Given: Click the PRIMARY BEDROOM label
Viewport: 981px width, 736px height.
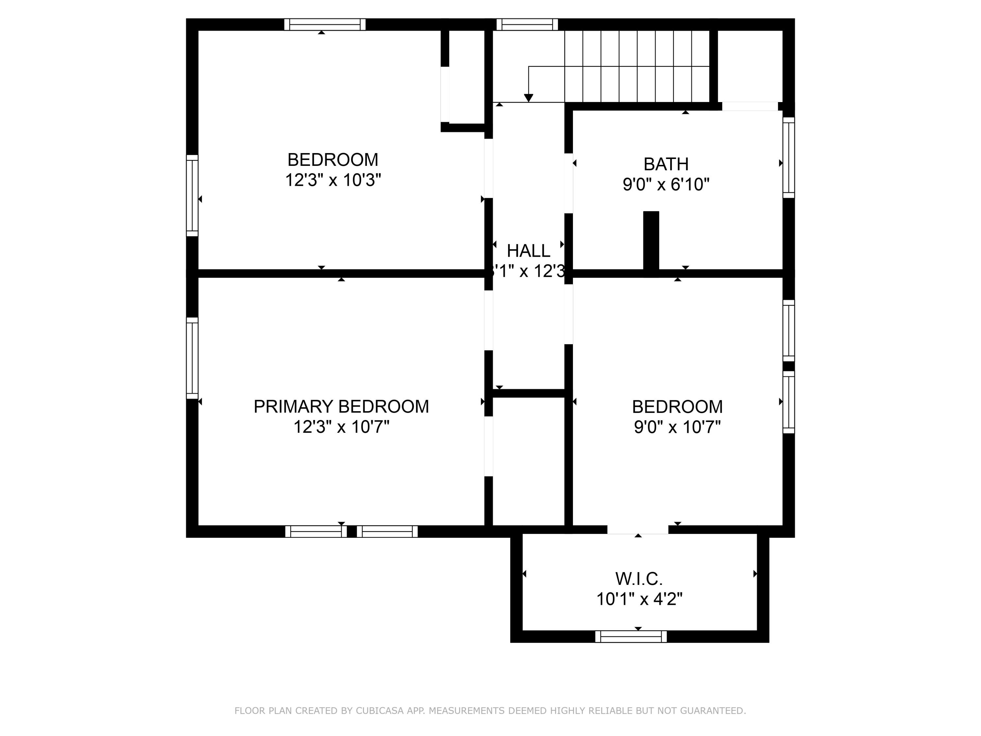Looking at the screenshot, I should (341, 406).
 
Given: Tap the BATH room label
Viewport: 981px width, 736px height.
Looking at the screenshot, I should (666, 164).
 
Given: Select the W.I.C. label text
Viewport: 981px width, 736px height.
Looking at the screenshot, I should (639, 579).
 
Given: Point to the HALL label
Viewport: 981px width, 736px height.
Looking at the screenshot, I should (528, 251).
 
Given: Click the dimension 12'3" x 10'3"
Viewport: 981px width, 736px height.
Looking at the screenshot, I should (333, 180).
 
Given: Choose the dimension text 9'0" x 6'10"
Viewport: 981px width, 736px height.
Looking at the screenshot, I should (666, 184).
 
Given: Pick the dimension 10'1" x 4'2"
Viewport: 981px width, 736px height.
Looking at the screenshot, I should (639, 599).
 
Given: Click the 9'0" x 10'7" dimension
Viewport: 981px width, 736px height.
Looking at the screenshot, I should (677, 427).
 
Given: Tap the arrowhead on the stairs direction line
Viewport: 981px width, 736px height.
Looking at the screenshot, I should (528, 97).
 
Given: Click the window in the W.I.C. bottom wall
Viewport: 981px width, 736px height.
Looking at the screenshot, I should (631, 636).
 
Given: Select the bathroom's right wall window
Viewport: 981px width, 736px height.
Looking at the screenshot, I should (788, 157).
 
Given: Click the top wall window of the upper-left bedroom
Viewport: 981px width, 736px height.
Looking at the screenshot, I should (325, 25).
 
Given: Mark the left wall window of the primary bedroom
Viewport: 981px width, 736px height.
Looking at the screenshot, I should (192, 358).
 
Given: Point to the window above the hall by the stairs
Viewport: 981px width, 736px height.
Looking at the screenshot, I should (526, 25).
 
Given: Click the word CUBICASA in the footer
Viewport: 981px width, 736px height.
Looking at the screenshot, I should (379, 711).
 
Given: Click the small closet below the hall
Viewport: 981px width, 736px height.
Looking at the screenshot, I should (528, 461).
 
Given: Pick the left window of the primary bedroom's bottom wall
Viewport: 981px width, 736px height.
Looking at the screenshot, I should (316, 532).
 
